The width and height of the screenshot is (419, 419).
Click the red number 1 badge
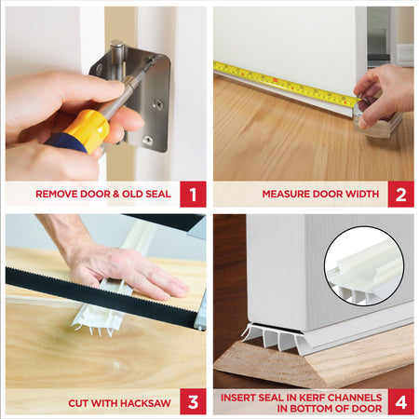pos(193,195)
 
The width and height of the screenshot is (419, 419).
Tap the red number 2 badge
pos(401,195)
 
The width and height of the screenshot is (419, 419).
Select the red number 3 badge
pos(193,402)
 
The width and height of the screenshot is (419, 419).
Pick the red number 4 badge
pos(401,402)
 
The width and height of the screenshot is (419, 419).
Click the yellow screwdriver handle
pos(87,130)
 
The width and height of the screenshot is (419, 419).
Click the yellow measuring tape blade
pos(279,81)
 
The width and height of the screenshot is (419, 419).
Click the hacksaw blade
pos(93,289)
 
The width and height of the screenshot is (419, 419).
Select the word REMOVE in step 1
pos(58,196)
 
